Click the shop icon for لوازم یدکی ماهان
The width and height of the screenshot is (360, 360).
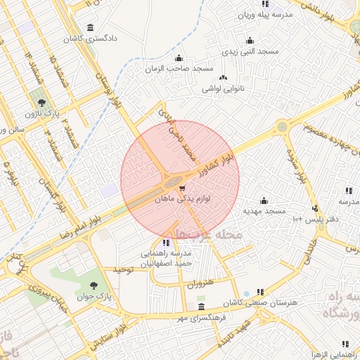(x=183, y=188)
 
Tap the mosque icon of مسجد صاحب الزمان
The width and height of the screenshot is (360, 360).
(x=179, y=58)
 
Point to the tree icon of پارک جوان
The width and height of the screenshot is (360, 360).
(x=94, y=285)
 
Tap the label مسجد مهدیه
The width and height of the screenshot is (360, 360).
(x=264, y=210)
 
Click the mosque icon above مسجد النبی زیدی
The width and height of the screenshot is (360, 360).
(x=250, y=41)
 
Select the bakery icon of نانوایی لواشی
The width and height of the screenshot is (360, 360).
(x=224, y=78)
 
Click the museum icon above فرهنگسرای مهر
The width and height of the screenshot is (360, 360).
(x=202, y=307)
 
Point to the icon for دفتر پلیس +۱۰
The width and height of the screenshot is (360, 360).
(x=314, y=208)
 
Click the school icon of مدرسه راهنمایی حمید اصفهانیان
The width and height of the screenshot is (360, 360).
(x=167, y=243)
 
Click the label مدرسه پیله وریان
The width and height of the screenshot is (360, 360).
(x=264, y=14)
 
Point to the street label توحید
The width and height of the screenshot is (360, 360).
(x=124, y=269)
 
